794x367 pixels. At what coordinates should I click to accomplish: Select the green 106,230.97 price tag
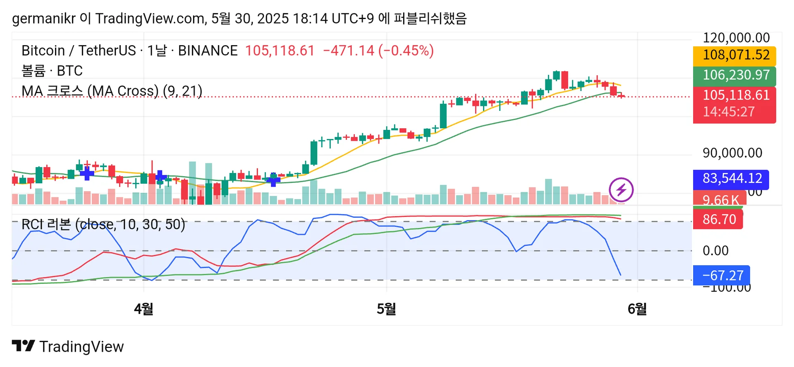pyautogui.click(x=734, y=75)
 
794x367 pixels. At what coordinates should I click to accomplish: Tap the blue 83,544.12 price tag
pyautogui.click(x=731, y=179)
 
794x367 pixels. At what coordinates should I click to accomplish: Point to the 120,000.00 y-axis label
pyautogui.click(x=736, y=38)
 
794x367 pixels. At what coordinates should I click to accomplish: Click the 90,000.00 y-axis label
pyautogui.click(x=732, y=153)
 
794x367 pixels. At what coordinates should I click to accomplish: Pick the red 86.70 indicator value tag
pyautogui.click(x=718, y=219)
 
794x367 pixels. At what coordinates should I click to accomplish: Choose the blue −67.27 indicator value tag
pyautogui.click(x=722, y=276)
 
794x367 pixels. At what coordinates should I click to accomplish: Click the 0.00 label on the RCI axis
pyautogui.click(x=715, y=251)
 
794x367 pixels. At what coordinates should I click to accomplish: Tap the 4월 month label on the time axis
pyautogui.click(x=143, y=309)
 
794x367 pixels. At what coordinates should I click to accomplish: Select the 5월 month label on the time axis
pyautogui.click(x=386, y=309)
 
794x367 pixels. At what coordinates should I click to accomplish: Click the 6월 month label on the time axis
pyautogui.click(x=637, y=309)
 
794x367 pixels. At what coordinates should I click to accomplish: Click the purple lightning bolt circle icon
pyautogui.click(x=621, y=190)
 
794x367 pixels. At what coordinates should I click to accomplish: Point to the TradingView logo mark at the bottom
pyautogui.click(x=23, y=346)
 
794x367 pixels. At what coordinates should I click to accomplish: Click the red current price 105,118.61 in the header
pyautogui.click(x=280, y=51)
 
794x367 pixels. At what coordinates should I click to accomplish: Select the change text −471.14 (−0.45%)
pyautogui.click(x=378, y=51)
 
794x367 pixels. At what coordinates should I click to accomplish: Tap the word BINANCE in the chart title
pyautogui.click(x=208, y=51)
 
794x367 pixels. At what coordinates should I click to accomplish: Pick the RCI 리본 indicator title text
pyautogui.click(x=103, y=225)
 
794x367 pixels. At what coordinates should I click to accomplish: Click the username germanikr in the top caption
pyautogui.click(x=43, y=19)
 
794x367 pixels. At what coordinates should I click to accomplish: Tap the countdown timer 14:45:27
pyautogui.click(x=729, y=112)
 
